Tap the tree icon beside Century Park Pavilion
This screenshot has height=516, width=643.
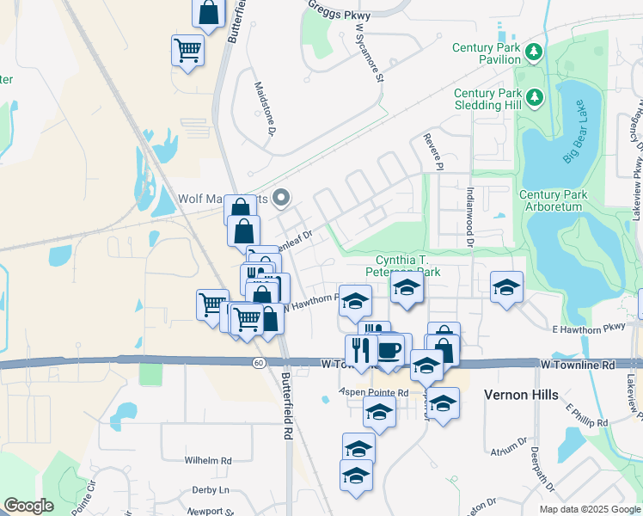point(534,53)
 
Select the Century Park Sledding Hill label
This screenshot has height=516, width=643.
point(487,99)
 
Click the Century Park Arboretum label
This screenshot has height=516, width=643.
point(554,200)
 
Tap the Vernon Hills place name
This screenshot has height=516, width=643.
point(521,395)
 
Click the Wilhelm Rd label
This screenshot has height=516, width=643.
point(208,461)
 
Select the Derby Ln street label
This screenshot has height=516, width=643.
point(211,489)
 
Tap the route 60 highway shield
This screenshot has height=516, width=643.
point(258,362)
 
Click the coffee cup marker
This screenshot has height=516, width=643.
point(389,349)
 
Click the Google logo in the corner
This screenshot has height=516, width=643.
point(28,506)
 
